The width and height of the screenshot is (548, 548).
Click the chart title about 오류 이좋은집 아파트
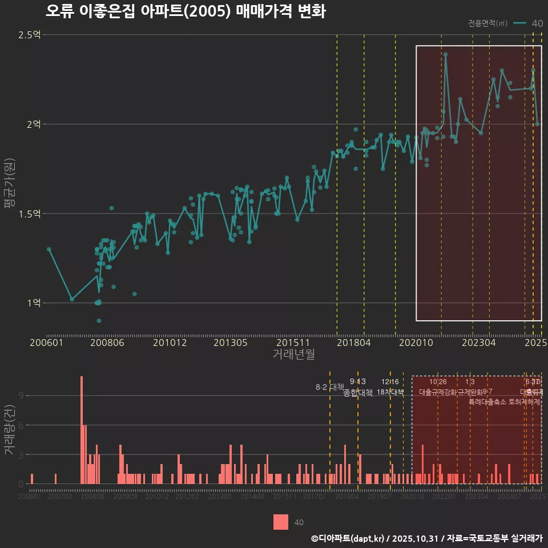(186, 11)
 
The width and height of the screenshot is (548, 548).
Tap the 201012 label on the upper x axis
(170, 342)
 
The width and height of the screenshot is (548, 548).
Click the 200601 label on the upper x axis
(46, 342)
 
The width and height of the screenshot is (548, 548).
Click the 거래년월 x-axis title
(293, 354)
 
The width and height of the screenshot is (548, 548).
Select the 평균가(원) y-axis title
(9, 186)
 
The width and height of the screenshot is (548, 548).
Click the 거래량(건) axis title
(9, 430)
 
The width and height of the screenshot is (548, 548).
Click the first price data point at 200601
(49, 249)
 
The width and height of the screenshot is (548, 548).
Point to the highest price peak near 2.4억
(445, 55)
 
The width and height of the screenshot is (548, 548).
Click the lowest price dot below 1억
(99, 321)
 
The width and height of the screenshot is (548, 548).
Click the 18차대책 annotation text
(390, 392)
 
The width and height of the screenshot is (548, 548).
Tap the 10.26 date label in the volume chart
(438, 382)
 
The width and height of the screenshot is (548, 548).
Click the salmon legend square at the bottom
(281, 522)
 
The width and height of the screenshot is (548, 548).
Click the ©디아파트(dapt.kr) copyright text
(348, 538)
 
